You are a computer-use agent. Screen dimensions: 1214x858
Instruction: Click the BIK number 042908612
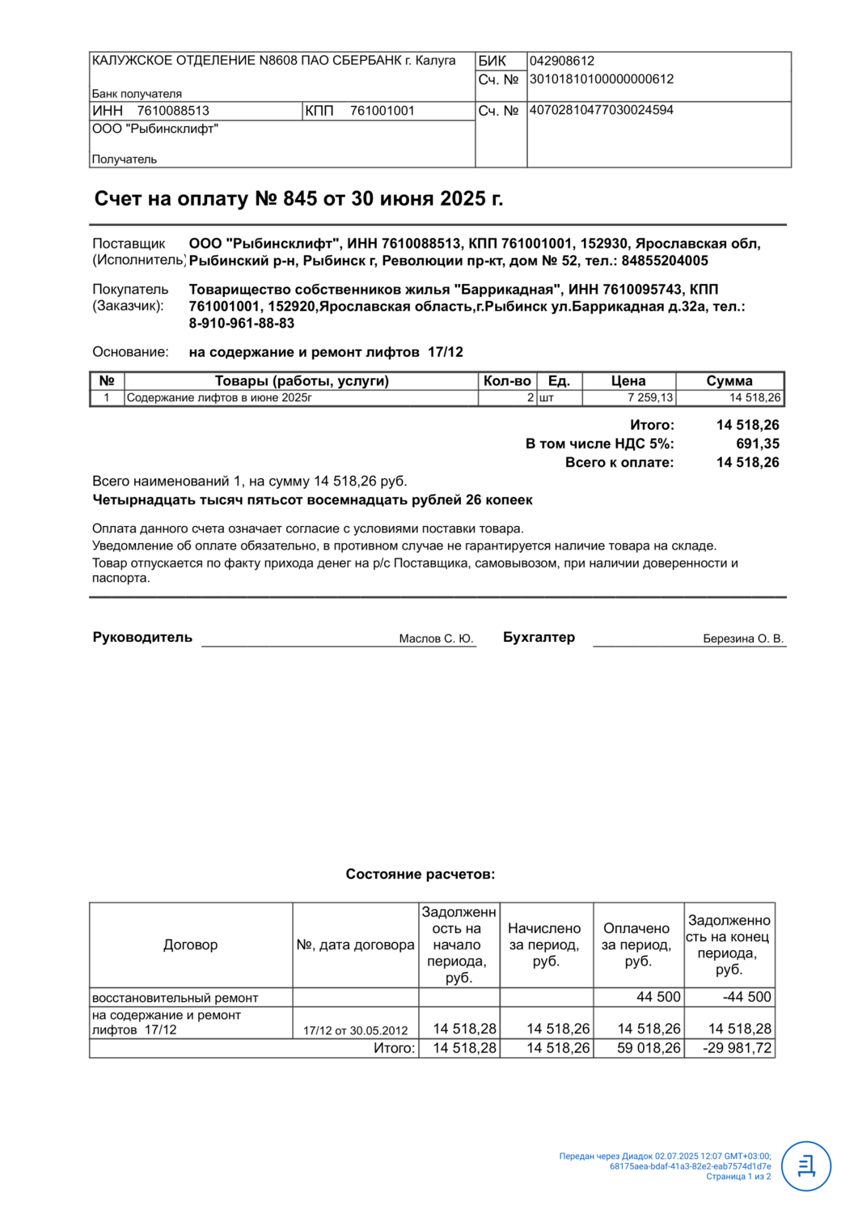pyautogui.click(x=562, y=61)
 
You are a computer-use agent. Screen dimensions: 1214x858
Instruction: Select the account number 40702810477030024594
pyautogui.click(x=601, y=110)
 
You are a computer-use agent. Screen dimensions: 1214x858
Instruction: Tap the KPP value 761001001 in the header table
pyautogui.click(x=382, y=111)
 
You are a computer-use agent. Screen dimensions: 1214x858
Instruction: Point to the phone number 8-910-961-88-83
pyautogui.click(x=241, y=324)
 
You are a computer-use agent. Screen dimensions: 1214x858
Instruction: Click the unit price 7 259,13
pyautogui.click(x=649, y=397)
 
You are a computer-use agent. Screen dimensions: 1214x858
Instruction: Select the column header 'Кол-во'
pyautogui.click(x=507, y=381)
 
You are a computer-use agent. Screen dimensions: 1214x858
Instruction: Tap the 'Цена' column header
pyautogui.click(x=628, y=381)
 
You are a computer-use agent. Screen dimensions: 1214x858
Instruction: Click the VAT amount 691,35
pyautogui.click(x=758, y=444)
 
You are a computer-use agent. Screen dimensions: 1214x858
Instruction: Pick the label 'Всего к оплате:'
pyautogui.click(x=619, y=462)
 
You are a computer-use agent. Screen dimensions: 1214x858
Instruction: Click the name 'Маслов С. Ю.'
pyautogui.click(x=436, y=639)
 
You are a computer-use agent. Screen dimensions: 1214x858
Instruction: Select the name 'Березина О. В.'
pyautogui.click(x=743, y=639)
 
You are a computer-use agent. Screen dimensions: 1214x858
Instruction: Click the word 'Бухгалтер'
pyautogui.click(x=539, y=637)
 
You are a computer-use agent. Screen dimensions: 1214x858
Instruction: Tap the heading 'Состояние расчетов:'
pyautogui.click(x=421, y=874)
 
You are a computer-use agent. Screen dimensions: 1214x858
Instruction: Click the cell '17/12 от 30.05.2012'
pyautogui.click(x=356, y=1030)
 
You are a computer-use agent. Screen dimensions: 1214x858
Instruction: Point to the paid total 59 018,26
pyautogui.click(x=649, y=1048)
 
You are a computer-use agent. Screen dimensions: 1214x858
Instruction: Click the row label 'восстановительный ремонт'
pyautogui.click(x=175, y=998)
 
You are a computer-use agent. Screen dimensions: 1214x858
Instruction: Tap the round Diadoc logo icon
pyautogui.click(x=806, y=1166)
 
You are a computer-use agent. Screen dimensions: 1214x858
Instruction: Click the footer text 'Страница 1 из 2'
pyautogui.click(x=738, y=1177)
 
